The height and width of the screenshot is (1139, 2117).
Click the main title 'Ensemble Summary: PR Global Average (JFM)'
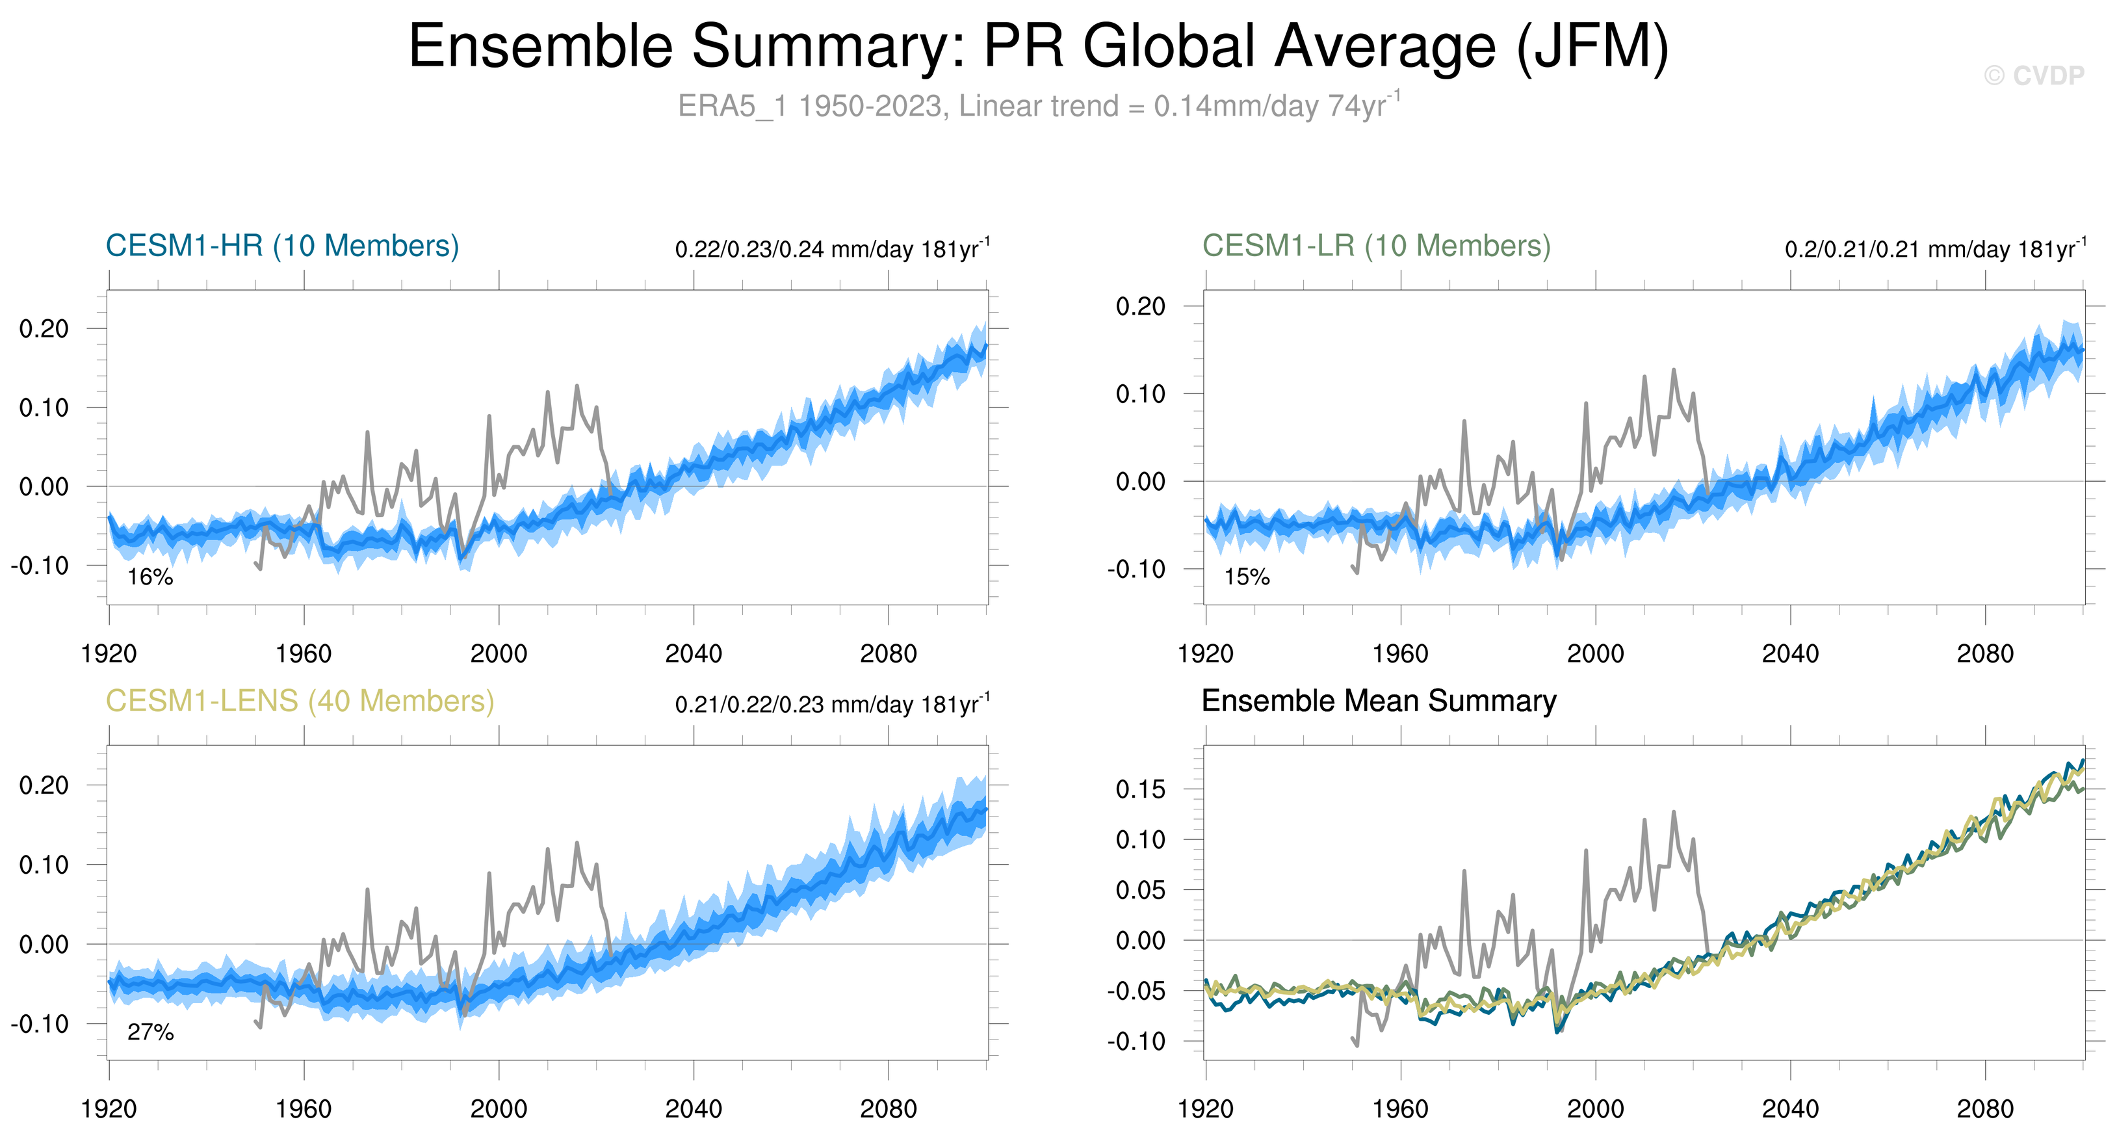(x=1039, y=46)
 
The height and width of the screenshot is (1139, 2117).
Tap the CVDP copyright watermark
(x=2034, y=75)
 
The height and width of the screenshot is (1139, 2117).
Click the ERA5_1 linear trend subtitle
(x=1039, y=106)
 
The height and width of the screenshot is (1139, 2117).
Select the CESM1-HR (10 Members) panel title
(x=282, y=246)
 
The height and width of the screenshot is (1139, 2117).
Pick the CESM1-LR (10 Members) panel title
(x=1376, y=246)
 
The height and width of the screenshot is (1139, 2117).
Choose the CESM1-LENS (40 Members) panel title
(x=300, y=701)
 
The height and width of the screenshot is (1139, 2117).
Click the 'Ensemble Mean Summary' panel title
(x=1378, y=701)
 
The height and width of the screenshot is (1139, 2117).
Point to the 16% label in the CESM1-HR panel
(x=150, y=577)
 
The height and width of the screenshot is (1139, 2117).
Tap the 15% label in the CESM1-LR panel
(x=1247, y=577)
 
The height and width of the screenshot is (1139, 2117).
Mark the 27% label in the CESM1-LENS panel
(x=150, y=1032)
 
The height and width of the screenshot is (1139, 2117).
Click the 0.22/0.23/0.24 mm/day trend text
(x=832, y=248)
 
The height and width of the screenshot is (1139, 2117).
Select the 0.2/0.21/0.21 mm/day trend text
(x=1934, y=248)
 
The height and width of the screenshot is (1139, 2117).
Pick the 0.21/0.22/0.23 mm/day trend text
(x=832, y=704)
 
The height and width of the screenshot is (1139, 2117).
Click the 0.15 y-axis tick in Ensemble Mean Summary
(x=1140, y=790)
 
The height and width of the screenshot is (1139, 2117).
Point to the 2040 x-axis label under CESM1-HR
(x=693, y=654)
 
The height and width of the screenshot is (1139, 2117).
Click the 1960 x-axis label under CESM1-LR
(x=1399, y=654)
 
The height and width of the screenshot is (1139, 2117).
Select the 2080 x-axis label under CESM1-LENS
(x=888, y=1109)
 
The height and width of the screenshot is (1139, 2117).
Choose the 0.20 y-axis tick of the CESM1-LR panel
(x=1140, y=306)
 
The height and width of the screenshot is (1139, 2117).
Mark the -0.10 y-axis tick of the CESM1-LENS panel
(x=40, y=1024)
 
